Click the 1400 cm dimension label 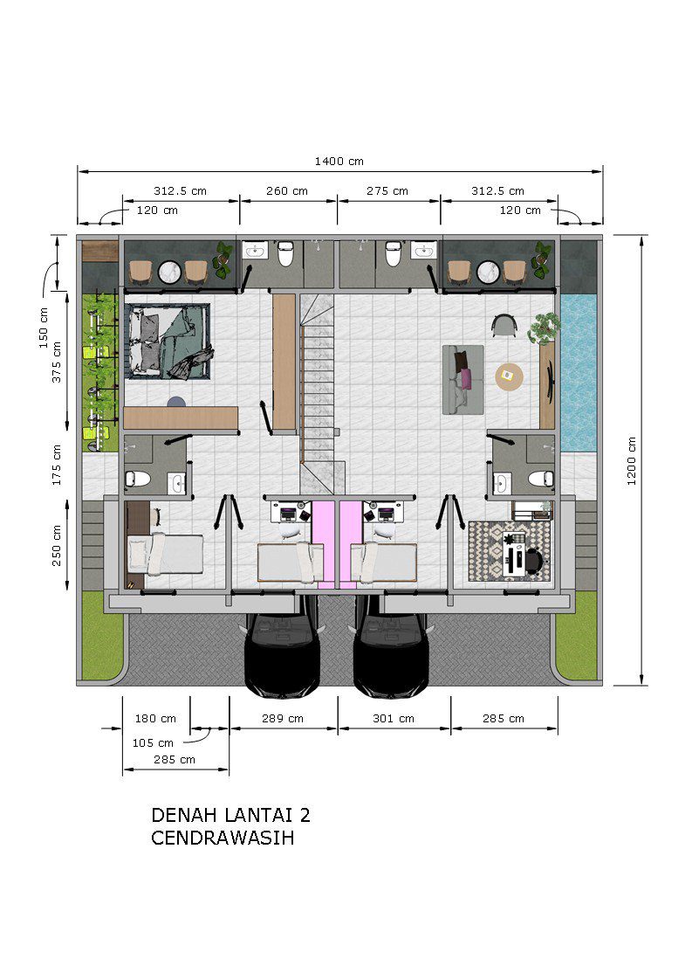[339, 162]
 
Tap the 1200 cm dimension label [632, 461]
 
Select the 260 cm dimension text [287, 191]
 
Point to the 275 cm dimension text [387, 191]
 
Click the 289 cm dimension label [282, 719]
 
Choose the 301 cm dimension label [394, 719]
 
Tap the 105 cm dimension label [153, 743]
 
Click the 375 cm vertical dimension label [57, 362]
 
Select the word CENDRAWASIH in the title [223, 838]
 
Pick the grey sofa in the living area [463, 379]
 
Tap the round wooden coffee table [509, 376]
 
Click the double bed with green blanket [168, 342]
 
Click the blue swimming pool [579, 372]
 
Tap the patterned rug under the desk [510, 551]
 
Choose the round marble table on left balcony [170, 272]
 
